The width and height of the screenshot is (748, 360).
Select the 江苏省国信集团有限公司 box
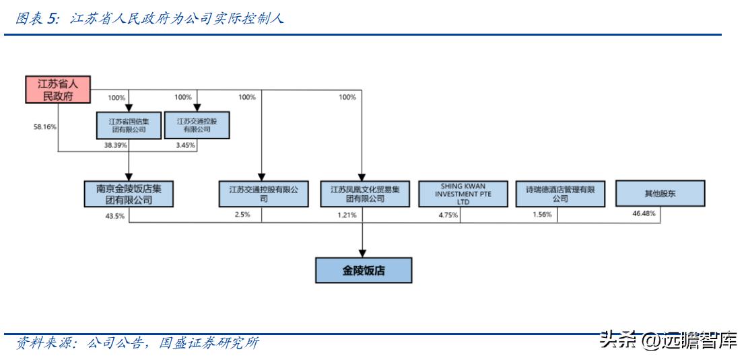tap(129, 125)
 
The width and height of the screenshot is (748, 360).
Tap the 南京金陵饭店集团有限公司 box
tap(129, 194)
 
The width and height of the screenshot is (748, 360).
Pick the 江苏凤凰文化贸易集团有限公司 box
tap(364, 194)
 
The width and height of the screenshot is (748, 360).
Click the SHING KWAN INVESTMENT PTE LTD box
tap(463, 194)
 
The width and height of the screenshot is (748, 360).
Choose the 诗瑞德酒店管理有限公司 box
tap(560, 194)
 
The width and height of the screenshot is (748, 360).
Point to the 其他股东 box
tap(660, 194)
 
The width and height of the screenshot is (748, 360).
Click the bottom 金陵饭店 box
tap(364, 271)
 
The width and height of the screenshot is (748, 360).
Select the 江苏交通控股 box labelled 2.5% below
tap(263, 194)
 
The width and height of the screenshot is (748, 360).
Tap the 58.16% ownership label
tap(44, 127)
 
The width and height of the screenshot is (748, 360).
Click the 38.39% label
tap(115, 145)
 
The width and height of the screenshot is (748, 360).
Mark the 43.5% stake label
tap(114, 215)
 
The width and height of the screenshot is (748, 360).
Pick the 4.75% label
tap(448, 215)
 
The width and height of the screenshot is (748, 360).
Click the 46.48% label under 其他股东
tap(644, 213)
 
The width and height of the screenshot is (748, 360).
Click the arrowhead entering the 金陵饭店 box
tap(364, 254)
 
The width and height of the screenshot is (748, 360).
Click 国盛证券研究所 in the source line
tap(209, 343)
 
